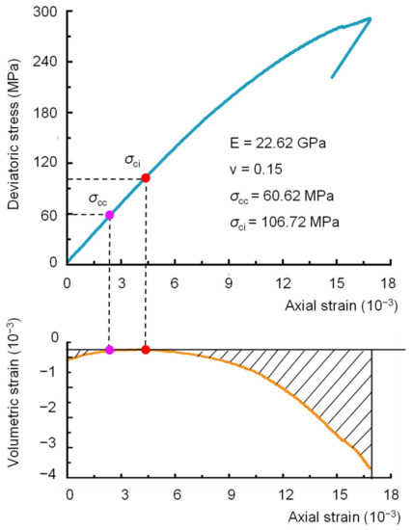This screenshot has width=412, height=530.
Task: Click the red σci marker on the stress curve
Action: pyautogui.click(x=145, y=178)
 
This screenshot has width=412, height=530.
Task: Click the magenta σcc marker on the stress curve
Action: pyautogui.click(x=109, y=214)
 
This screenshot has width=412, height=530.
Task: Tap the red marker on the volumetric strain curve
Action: pyautogui.click(x=145, y=350)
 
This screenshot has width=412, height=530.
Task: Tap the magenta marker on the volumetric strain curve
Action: pyautogui.click(x=109, y=350)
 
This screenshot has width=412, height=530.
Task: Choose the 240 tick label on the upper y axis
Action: pyautogui.click(x=43, y=63)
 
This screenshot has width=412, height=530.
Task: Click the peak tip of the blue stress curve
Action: pyautogui.click(x=371, y=18)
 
